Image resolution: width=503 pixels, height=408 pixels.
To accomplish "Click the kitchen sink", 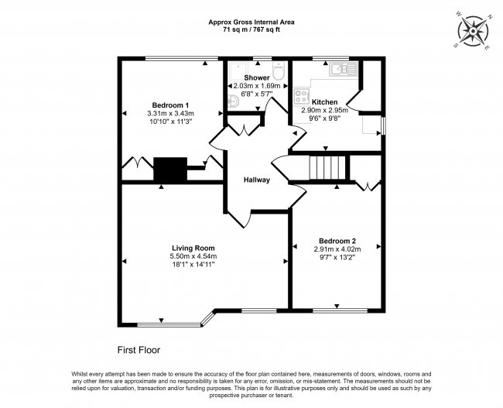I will coord(340,70).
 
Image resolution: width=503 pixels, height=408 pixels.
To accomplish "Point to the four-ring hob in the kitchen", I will coord(302,97).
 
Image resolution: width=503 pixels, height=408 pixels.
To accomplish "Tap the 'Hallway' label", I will coord(257,180).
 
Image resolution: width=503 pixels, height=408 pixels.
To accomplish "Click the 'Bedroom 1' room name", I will coord(170,105).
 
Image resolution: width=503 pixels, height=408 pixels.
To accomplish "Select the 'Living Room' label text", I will coord(193,248).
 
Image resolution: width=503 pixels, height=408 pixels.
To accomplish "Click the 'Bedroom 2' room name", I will coord(336,240).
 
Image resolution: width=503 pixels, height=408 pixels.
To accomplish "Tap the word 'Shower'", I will coord(257,78).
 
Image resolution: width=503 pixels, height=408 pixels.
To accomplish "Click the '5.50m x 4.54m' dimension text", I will coord(193,256).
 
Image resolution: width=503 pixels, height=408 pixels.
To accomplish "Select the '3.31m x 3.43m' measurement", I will coord(170,113).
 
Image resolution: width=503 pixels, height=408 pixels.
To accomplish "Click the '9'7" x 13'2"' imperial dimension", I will coord(336,257).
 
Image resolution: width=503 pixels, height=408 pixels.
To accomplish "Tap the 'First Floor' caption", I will coord(139,350).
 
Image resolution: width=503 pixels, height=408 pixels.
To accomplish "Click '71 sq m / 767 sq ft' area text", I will coord(251,29).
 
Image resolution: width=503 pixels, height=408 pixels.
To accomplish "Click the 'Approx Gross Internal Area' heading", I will coord(251,22).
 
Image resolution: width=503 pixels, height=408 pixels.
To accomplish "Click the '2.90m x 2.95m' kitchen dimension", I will coord(324,111).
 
